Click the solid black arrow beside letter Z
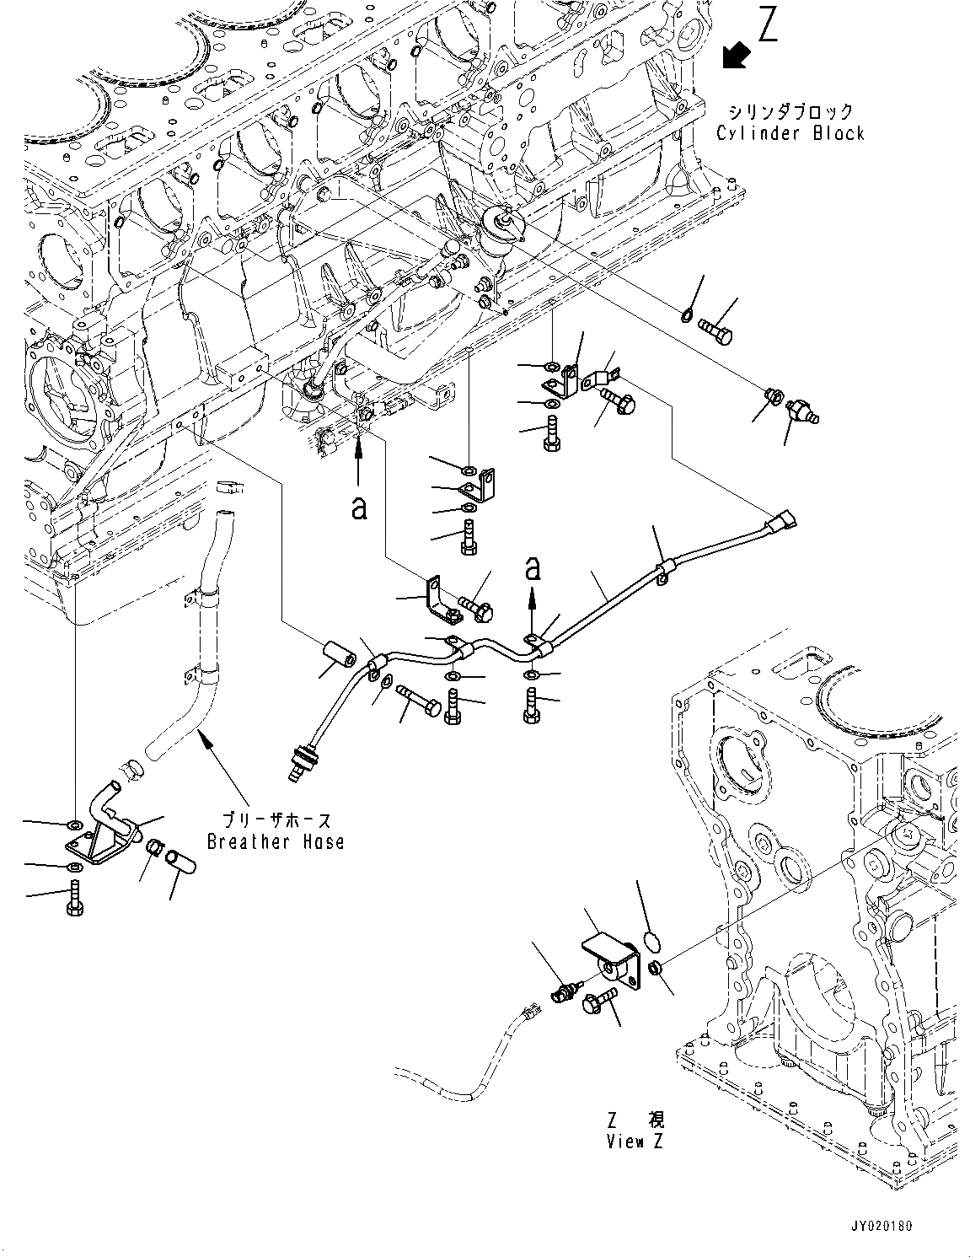736,56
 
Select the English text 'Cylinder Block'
790,132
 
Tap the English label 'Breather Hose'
276,841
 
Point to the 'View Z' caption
635,1142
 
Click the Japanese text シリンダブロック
790,111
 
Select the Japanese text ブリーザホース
277,820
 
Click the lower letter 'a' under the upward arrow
360,508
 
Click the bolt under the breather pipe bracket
76,899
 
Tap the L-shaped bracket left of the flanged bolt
441,600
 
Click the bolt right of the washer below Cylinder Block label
715,330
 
